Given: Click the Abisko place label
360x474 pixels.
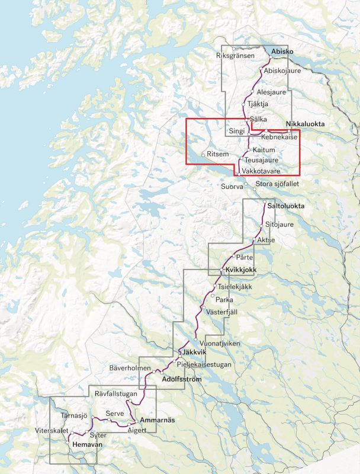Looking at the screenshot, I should click(x=282, y=53).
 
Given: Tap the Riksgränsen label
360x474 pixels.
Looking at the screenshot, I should click(x=236, y=56).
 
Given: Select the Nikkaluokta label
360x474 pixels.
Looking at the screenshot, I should click(x=305, y=124).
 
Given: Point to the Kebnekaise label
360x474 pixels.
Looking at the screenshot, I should click(x=278, y=137).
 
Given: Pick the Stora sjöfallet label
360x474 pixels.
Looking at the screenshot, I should click(x=277, y=184).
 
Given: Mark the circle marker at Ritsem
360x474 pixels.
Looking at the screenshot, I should click(x=204, y=155).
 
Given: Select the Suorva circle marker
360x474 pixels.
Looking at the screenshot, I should click(x=247, y=185).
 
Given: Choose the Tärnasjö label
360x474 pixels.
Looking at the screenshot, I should click(x=74, y=415).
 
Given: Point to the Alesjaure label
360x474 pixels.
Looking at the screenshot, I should click(x=272, y=92).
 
